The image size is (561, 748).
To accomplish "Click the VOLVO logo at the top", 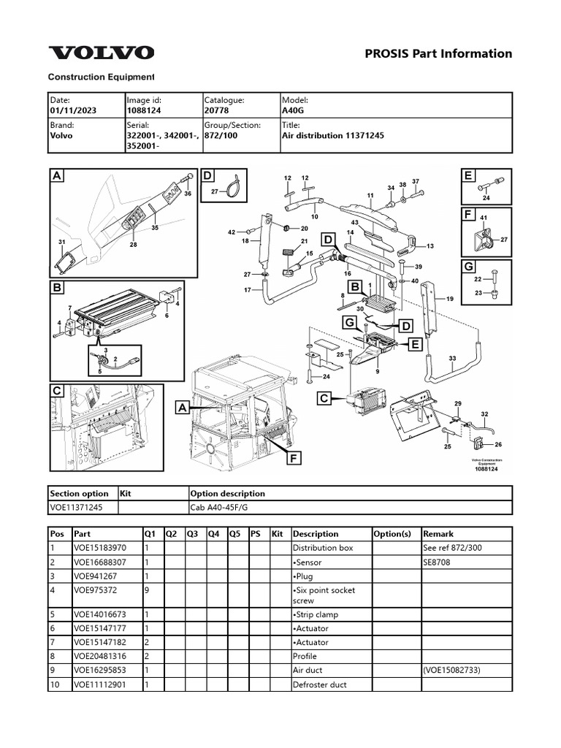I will [101, 53].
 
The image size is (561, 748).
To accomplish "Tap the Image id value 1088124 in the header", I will [145, 110].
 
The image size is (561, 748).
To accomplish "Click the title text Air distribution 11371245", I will [333, 136].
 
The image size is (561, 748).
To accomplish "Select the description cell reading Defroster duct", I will [320, 684].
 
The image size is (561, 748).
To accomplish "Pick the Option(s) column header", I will [392, 534].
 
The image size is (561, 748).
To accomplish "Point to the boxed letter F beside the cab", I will [294, 458].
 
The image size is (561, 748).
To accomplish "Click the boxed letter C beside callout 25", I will [325, 398].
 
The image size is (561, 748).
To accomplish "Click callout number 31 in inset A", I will [62, 242].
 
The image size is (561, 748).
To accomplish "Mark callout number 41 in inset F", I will [483, 218].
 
